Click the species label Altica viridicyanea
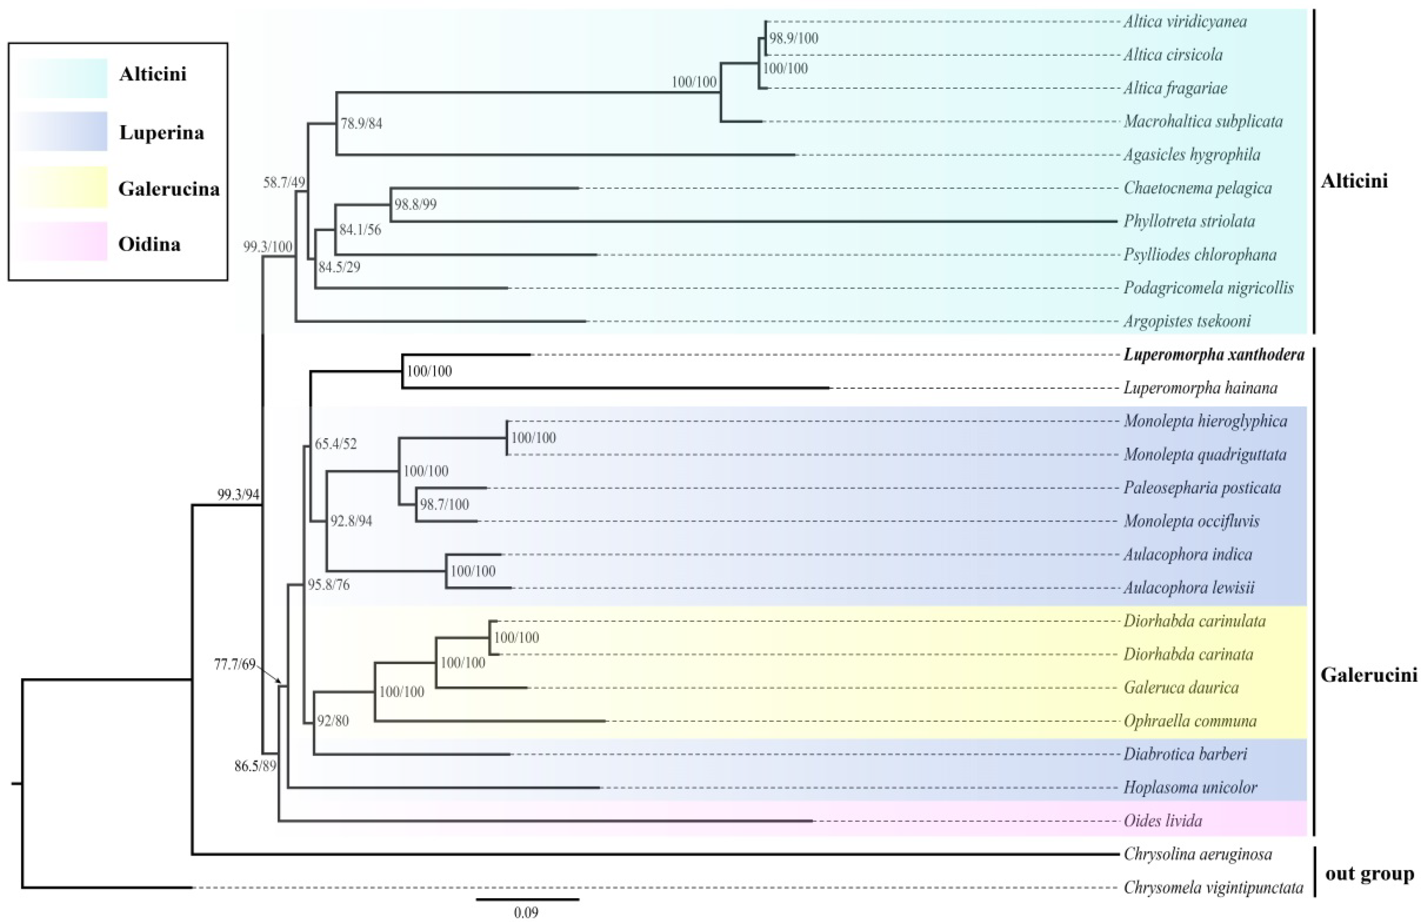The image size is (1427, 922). pyautogui.click(x=1185, y=22)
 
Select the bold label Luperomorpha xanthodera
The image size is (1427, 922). pyautogui.click(x=1213, y=355)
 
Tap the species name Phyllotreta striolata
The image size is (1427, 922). pyautogui.click(x=1189, y=221)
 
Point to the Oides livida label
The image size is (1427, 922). pyautogui.click(x=1163, y=821)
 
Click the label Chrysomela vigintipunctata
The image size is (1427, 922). pyautogui.click(x=1212, y=887)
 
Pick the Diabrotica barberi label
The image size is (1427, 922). pyautogui.click(x=1185, y=754)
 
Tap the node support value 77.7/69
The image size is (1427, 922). pyautogui.click(x=235, y=664)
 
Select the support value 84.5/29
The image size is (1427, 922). pyautogui.click(x=339, y=267)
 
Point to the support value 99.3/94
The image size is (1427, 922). pyautogui.click(x=238, y=494)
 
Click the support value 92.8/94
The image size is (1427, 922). pyautogui.click(x=351, y=521)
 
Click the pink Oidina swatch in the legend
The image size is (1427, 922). pyautogui.click(x=62, y=241)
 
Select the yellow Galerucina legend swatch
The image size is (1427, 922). pyautogui.click(x=62, y=187)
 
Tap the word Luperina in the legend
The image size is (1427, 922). pyautogui.click(x=161, y=132)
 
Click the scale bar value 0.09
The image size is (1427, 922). pyautogui.click(x=526, y=912)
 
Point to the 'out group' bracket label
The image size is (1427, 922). pyautogui.click(x=1369, y=874)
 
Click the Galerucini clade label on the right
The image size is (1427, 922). pyautogui.click(x=1368, y=675)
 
